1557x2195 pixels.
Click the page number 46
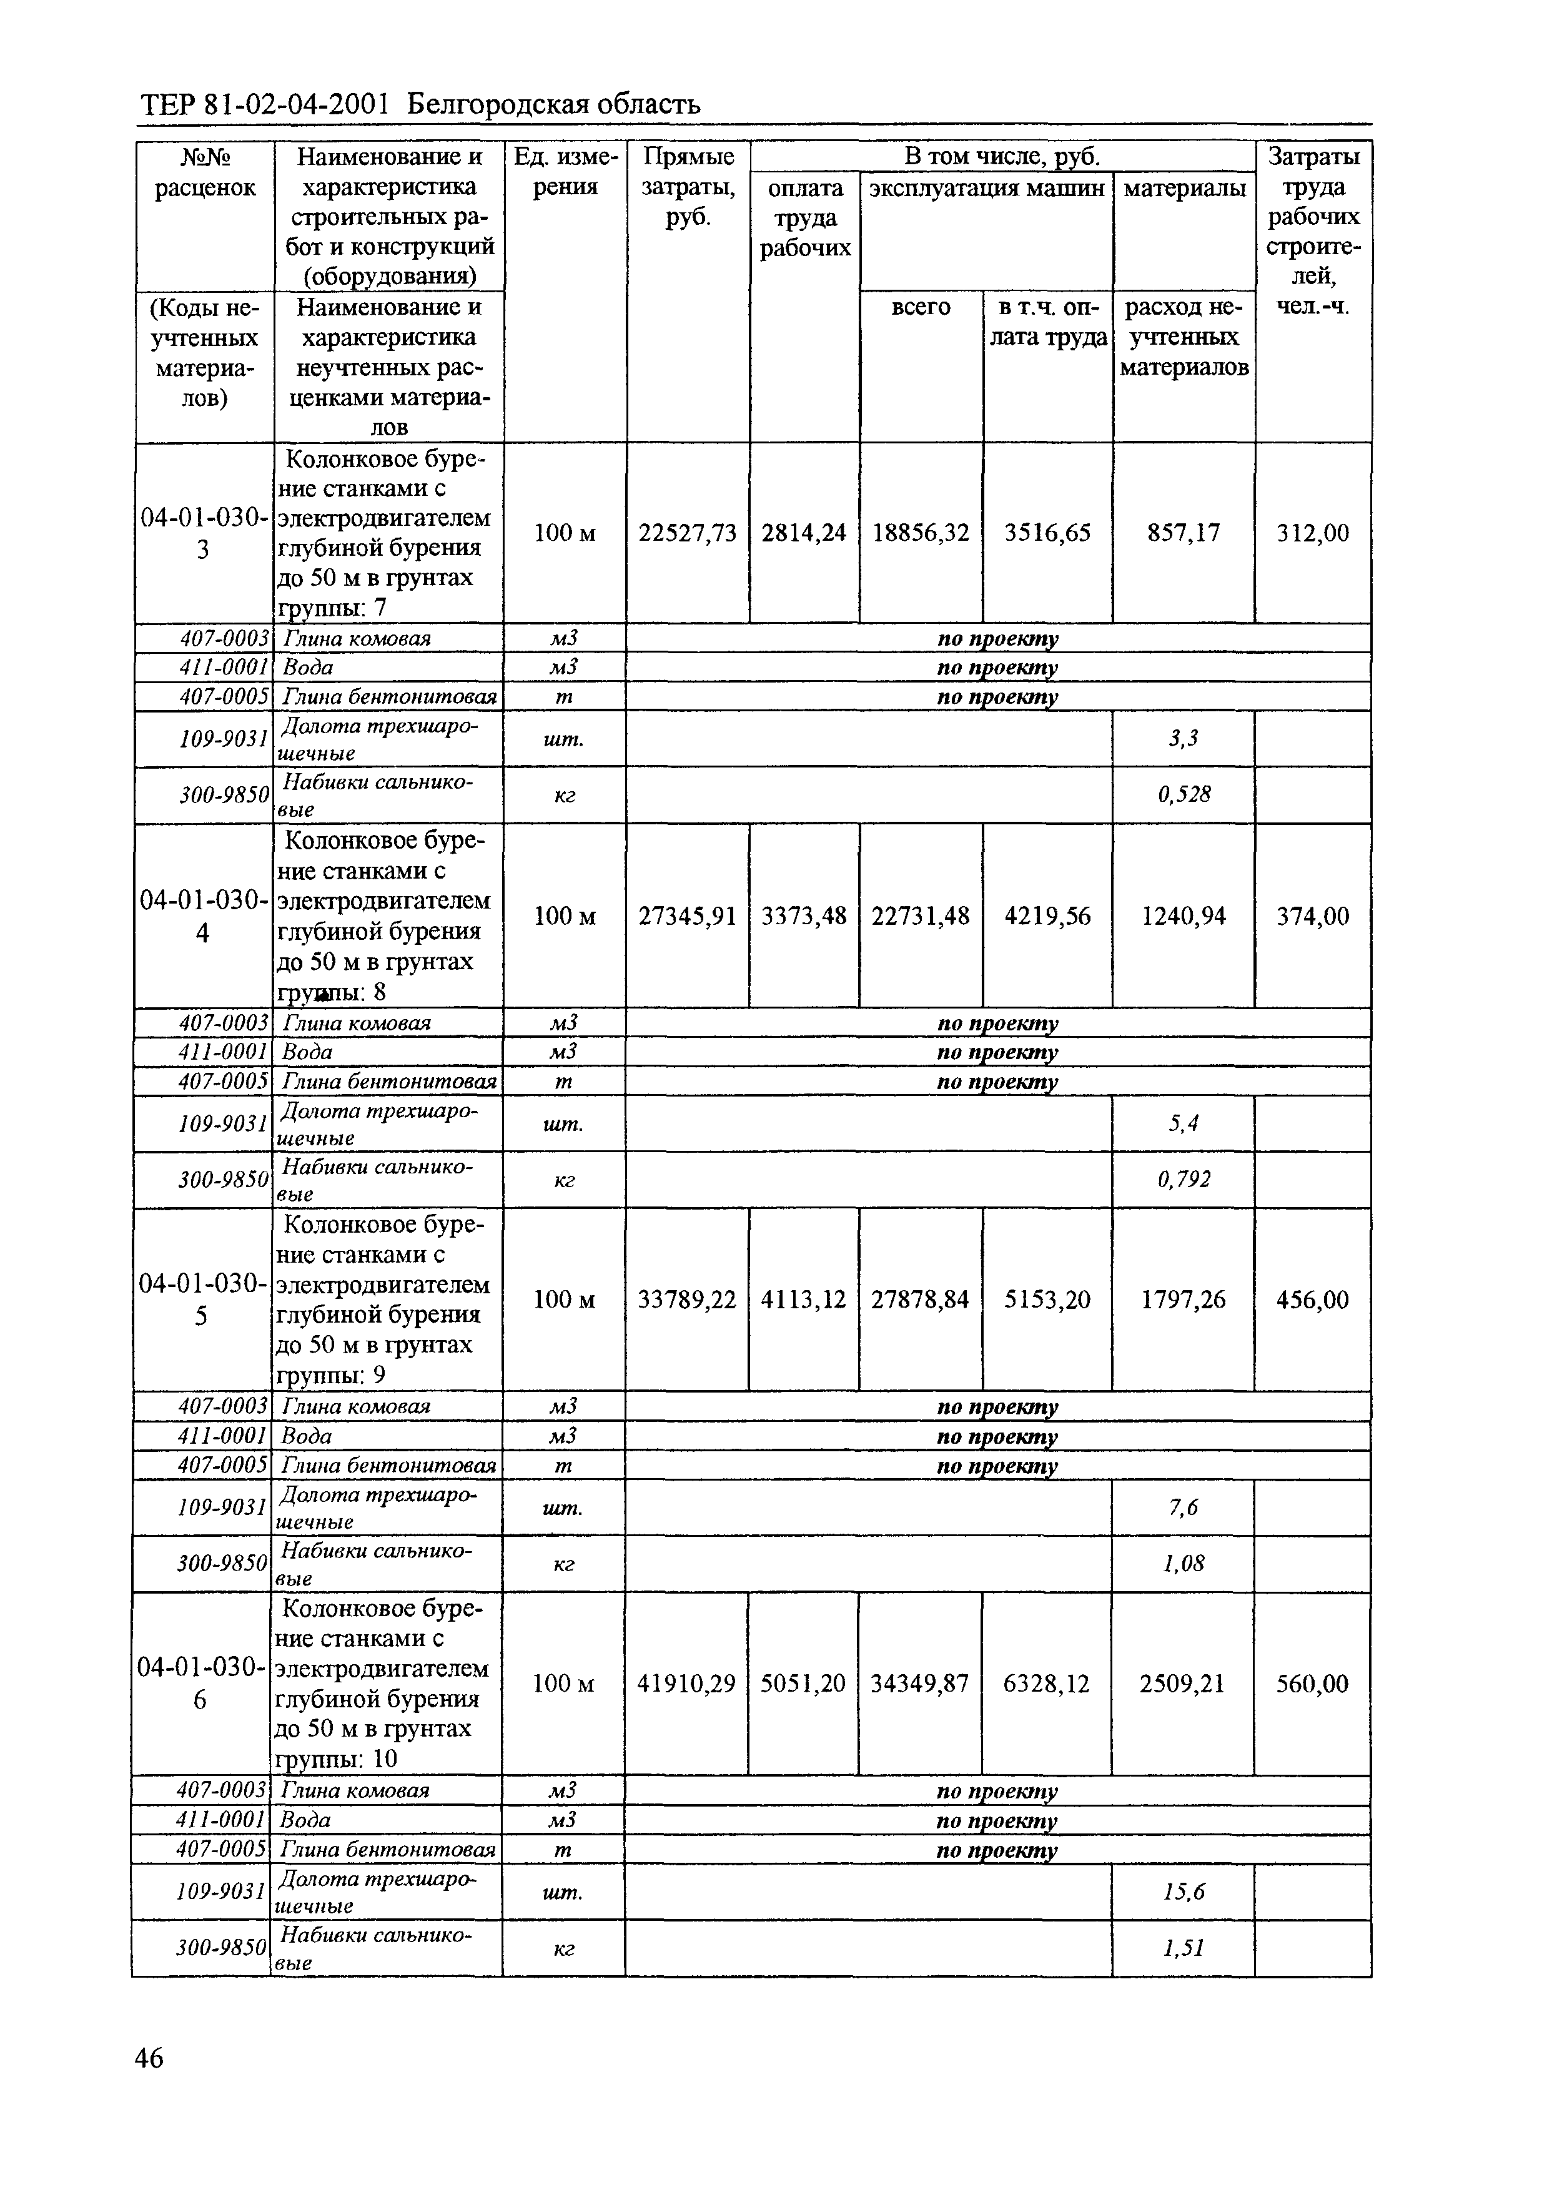coord(149,2058)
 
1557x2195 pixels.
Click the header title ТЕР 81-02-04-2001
coord(265,104)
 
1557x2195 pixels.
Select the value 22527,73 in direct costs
coord(688,533)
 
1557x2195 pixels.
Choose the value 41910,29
coord(686,1684)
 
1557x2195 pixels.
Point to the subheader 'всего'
coord(921,308)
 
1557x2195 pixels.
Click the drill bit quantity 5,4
coord(1183,1123)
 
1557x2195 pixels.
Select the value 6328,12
coord(1046,1684)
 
